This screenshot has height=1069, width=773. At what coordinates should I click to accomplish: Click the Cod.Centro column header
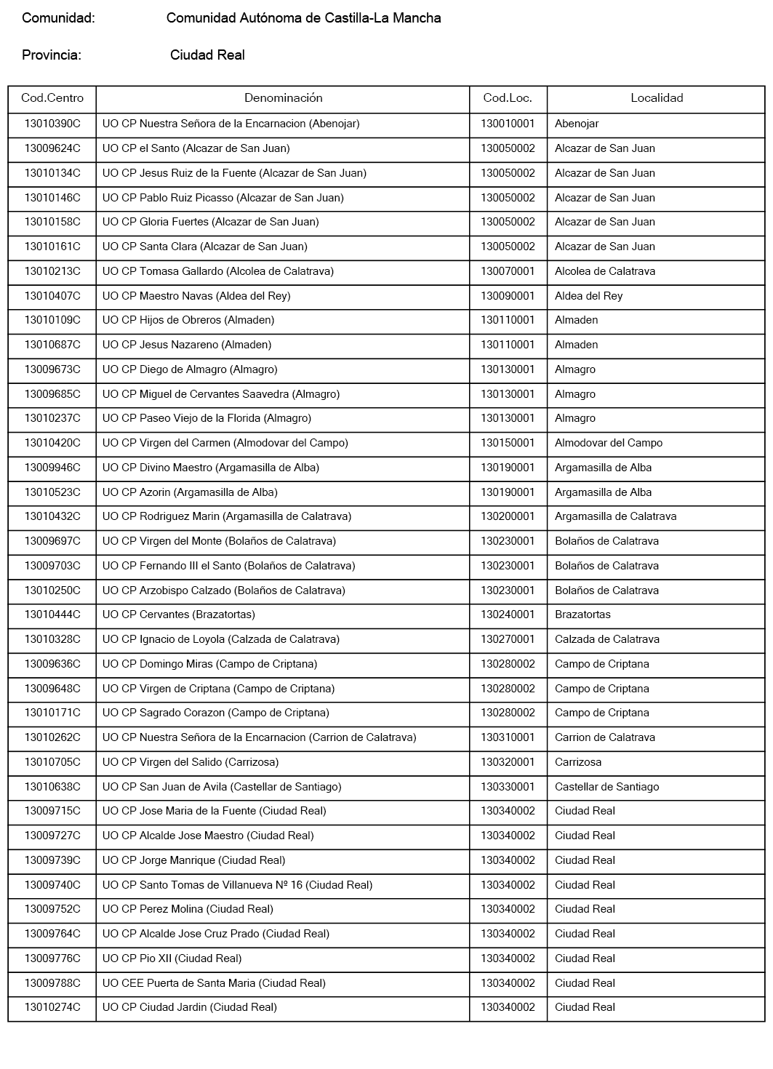click(x=52, y=98)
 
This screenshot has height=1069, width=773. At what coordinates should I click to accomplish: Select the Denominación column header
click(x=283, y=98)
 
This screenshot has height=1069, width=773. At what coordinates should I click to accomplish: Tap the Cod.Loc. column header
click(x=508, y=98)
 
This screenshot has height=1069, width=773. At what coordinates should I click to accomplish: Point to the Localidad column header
click(x=657, y=98)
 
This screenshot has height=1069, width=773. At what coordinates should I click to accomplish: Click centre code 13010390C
click(x=52, y=124)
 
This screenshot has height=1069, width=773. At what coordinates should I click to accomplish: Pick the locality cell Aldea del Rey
click(x=588, y=296)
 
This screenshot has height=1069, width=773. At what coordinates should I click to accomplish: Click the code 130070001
click(x=508, y=271)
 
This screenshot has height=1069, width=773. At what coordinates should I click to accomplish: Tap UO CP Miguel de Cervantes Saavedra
click(x=221, y=394)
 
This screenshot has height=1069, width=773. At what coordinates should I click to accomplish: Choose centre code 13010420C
click(x=52, y=443)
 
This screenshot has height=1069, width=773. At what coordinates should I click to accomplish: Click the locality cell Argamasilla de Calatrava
click(x=615, y=516)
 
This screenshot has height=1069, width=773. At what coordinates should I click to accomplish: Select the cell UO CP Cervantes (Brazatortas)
click(x=179, y=614)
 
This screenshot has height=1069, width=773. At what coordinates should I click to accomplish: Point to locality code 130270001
click(x=508, y=639)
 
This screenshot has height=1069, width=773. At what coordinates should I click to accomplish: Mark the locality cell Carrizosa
click(x=578, y=762)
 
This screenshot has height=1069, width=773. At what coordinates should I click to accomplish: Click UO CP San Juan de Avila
click(x=222, y=787)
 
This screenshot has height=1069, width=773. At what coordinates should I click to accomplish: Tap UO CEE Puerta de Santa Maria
click(x=214, y=983)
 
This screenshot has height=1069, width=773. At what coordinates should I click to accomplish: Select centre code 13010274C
click(x=52, y=1007)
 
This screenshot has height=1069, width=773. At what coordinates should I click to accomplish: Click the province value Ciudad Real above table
click(x=207, y=55)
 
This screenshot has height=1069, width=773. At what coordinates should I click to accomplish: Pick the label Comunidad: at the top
click(x=58, y=18)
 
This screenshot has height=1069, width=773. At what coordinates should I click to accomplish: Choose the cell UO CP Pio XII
click(x=172, y=958)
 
